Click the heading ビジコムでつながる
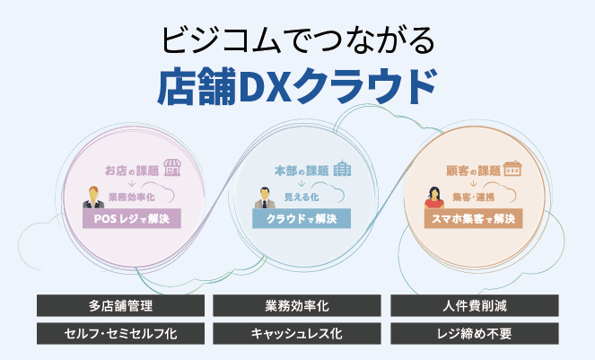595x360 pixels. pos(297,40)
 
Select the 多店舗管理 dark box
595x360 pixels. pos(120,306)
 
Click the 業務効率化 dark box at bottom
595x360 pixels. pos(297,306)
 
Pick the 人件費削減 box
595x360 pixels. pos(475,306)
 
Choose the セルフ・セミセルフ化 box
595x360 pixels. pos(120,334)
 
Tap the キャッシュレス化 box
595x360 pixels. pos(297,334)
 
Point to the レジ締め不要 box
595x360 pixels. pos(475,334)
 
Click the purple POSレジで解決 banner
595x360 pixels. pos(131,218)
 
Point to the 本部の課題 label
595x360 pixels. pos(301,170)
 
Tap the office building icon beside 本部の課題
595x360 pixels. pos(342,168)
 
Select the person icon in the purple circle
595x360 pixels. pos(93,197)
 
